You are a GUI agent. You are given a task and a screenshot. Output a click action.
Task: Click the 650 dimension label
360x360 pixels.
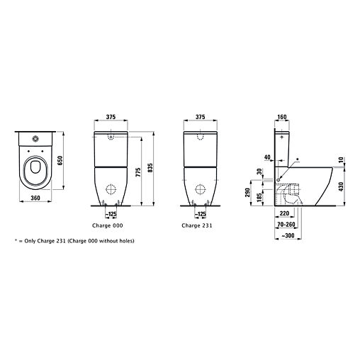pyautogui.click(x=60, y=161)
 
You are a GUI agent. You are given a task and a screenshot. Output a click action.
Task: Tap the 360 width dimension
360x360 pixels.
pyautogui.click(x=35, y=198)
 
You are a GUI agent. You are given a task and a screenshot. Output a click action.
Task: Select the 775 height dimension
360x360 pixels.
pyautogui.click(x=138, y=172)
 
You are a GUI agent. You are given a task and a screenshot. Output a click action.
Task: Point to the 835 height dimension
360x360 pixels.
pyautogui.click(x=151, y=168)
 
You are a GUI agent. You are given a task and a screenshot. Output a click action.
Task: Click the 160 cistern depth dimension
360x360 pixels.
pyautogui.click(x=282, y=117)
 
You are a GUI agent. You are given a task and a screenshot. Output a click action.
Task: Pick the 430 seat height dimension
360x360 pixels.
pyautogui.click(x=341, y=186)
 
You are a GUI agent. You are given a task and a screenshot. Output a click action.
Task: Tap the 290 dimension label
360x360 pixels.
pyautogui.click(x=247, y=193)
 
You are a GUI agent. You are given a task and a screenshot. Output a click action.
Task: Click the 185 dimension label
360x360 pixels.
pyautogui.click(x=259, y=197)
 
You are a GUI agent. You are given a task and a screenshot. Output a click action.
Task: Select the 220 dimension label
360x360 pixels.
pyautogui.click(x=284, y=213)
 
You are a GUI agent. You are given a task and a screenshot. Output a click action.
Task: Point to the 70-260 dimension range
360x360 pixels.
pyautogui.click(x=286, y=224)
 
